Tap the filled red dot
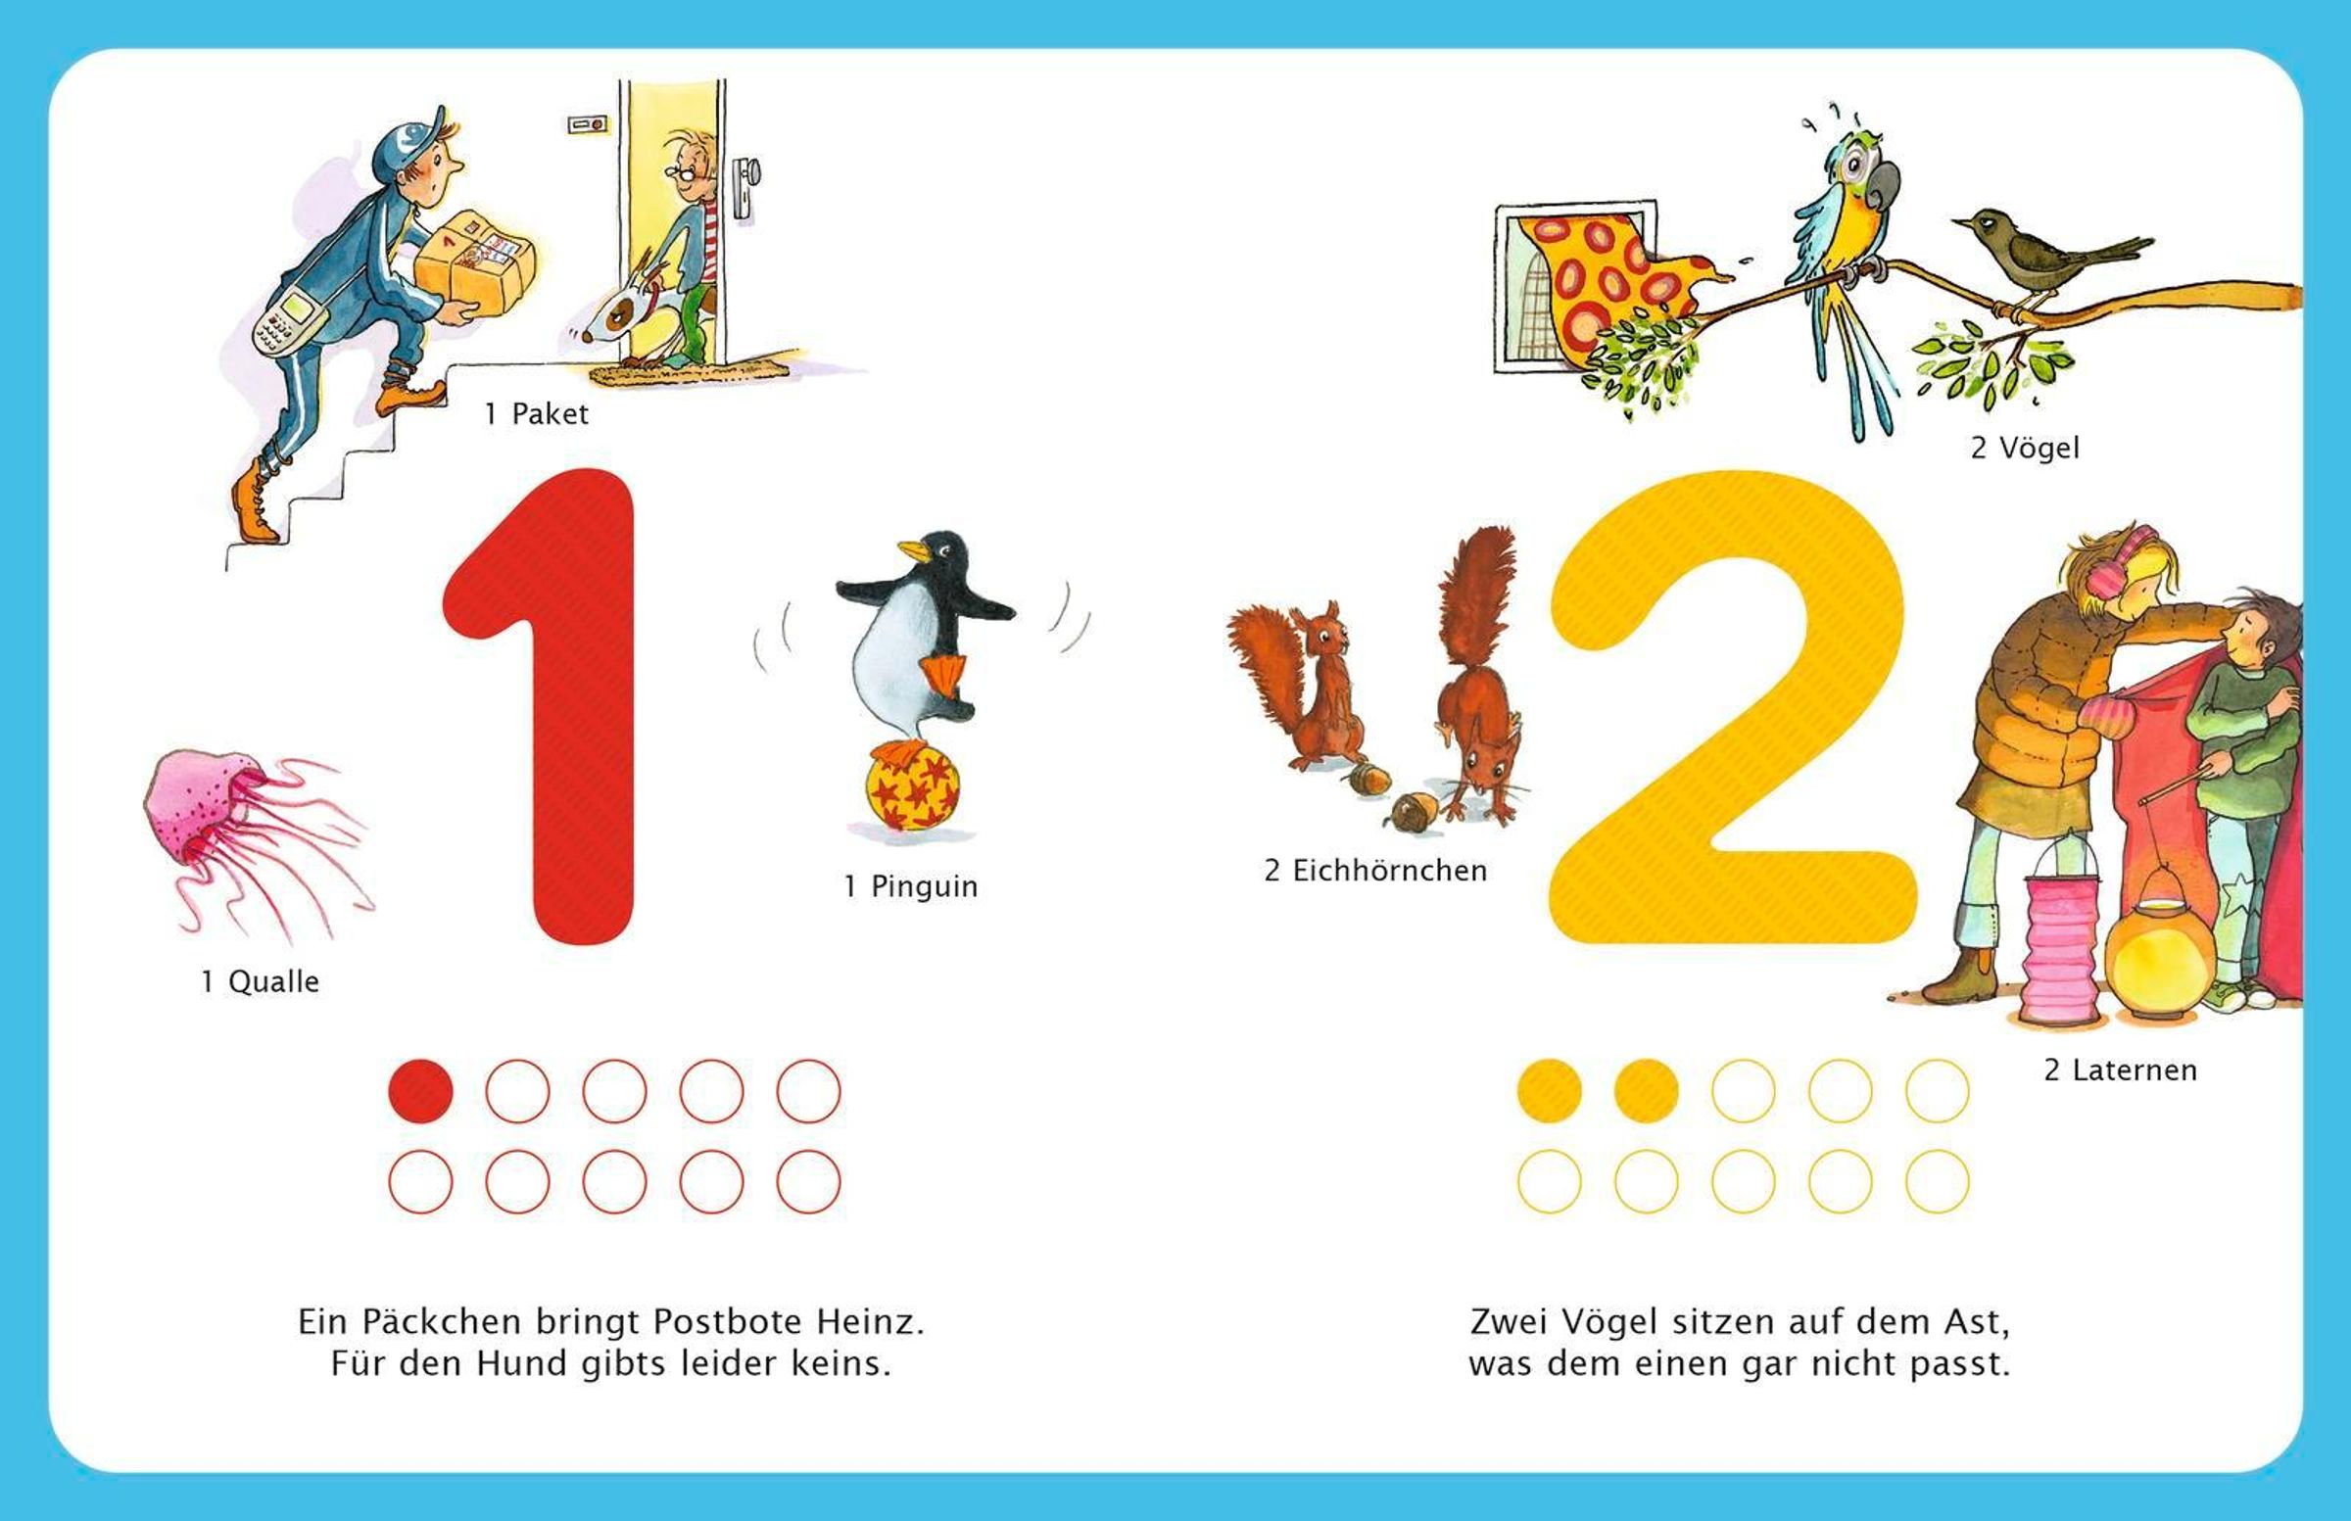(421, 1091)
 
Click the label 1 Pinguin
(911, 886)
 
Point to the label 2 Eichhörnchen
(1375, 870)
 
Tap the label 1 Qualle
(260, 981)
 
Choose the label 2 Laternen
(2120, 1069)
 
